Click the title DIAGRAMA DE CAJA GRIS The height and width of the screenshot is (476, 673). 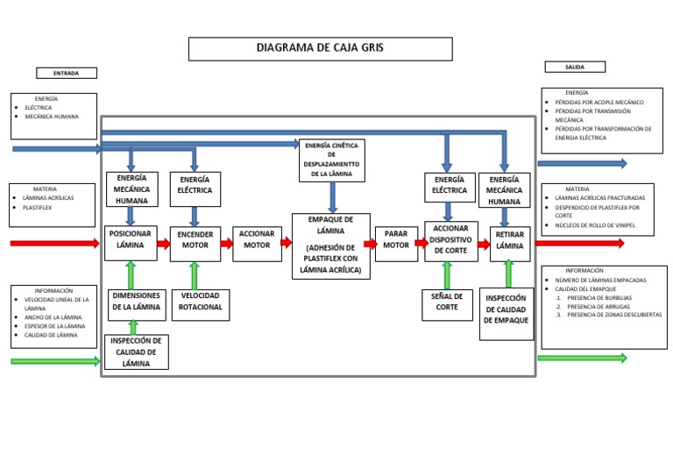click(320, 48)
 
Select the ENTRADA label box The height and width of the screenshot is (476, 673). click(67, 73)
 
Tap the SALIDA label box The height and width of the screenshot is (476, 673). click(575, 67)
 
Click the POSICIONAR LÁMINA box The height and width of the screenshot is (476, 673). click(131, 243)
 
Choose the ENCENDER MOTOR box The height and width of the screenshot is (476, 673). click(195, 243)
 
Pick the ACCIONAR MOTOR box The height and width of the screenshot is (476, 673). click(257, 244)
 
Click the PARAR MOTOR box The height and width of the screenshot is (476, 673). click(396, 244)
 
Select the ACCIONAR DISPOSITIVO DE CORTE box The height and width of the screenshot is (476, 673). click(451, 241)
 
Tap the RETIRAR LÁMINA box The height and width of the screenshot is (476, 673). click(510, 243)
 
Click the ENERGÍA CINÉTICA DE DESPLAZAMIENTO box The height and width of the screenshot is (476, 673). click(331, 160)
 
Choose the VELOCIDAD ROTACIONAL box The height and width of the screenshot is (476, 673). click(201, 304)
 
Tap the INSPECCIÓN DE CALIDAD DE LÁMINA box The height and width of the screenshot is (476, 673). click(136, 352)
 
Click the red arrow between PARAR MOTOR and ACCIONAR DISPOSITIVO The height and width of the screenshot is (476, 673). click(421, 244)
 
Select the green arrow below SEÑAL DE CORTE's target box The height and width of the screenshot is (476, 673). click(447, 275)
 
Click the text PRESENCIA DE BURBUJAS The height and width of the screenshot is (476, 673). click(599, 297)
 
